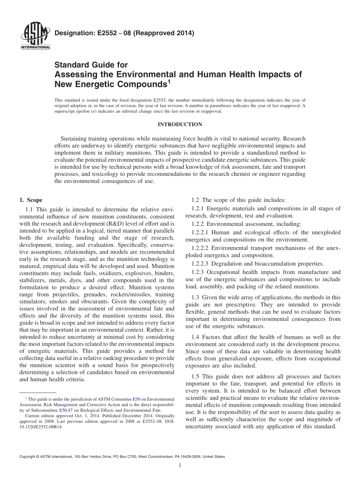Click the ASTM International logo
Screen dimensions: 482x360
click(35, 36)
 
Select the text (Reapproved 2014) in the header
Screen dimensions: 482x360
click(166, 33)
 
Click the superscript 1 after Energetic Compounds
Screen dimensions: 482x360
click(169, 81)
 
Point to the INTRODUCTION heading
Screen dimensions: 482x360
click(180, 125)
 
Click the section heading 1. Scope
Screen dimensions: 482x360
click(31, 200)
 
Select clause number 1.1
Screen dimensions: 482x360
click(30, 209)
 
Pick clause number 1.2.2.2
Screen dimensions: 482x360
click(201, 248)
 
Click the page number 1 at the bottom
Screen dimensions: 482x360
click(180, 466)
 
